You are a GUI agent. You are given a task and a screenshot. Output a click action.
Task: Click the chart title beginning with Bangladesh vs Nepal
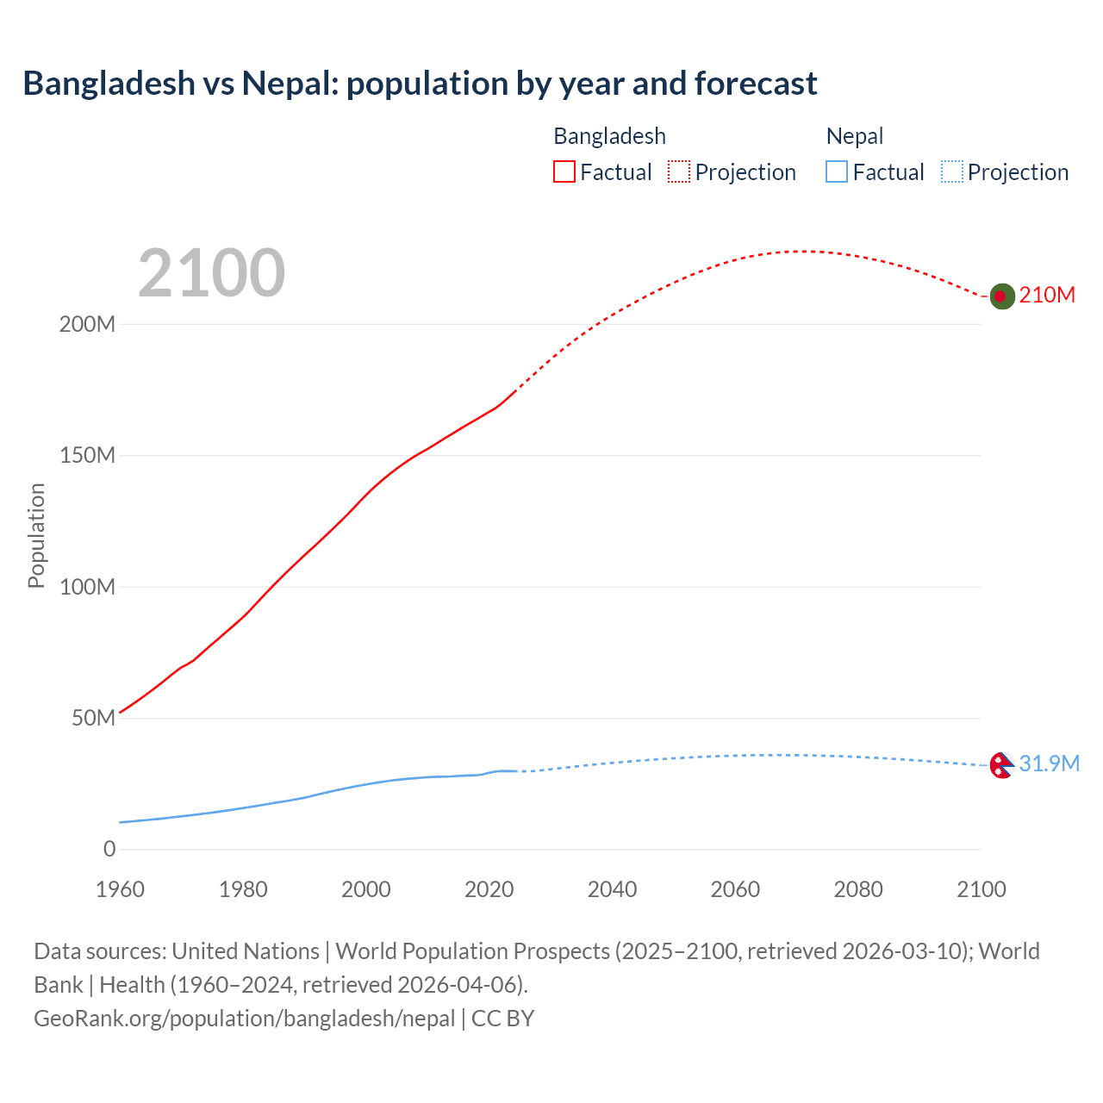420,84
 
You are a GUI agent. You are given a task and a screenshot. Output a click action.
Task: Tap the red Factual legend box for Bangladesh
564,171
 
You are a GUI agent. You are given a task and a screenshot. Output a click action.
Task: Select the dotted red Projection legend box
679,171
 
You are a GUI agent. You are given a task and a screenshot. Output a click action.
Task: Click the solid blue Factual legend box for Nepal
837,171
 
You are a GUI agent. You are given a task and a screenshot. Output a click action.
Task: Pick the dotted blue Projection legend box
951,171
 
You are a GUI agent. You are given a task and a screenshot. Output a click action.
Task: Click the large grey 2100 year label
211,273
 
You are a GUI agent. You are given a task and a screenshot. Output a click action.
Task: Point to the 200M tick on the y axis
87,325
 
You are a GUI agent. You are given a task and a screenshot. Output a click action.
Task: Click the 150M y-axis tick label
87,456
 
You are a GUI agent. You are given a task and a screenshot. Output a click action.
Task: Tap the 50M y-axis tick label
93,719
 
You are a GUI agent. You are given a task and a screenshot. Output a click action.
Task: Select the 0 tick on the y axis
109,850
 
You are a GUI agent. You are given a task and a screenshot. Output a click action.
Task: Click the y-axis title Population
36,535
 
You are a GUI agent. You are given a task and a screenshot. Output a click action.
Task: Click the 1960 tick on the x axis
120,889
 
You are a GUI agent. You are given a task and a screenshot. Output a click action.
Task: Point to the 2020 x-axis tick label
489,889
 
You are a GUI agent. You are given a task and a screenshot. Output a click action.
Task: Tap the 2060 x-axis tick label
735,889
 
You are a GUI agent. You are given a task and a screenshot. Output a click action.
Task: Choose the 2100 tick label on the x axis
981,889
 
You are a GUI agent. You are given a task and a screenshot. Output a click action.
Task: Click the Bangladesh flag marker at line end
1001,296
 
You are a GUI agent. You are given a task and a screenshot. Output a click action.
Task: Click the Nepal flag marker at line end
1000,765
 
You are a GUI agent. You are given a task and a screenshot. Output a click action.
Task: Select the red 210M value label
1047,296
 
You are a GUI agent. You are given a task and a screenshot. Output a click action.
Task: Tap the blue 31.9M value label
1049,764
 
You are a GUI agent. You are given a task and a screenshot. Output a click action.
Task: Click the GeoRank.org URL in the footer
244,1019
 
